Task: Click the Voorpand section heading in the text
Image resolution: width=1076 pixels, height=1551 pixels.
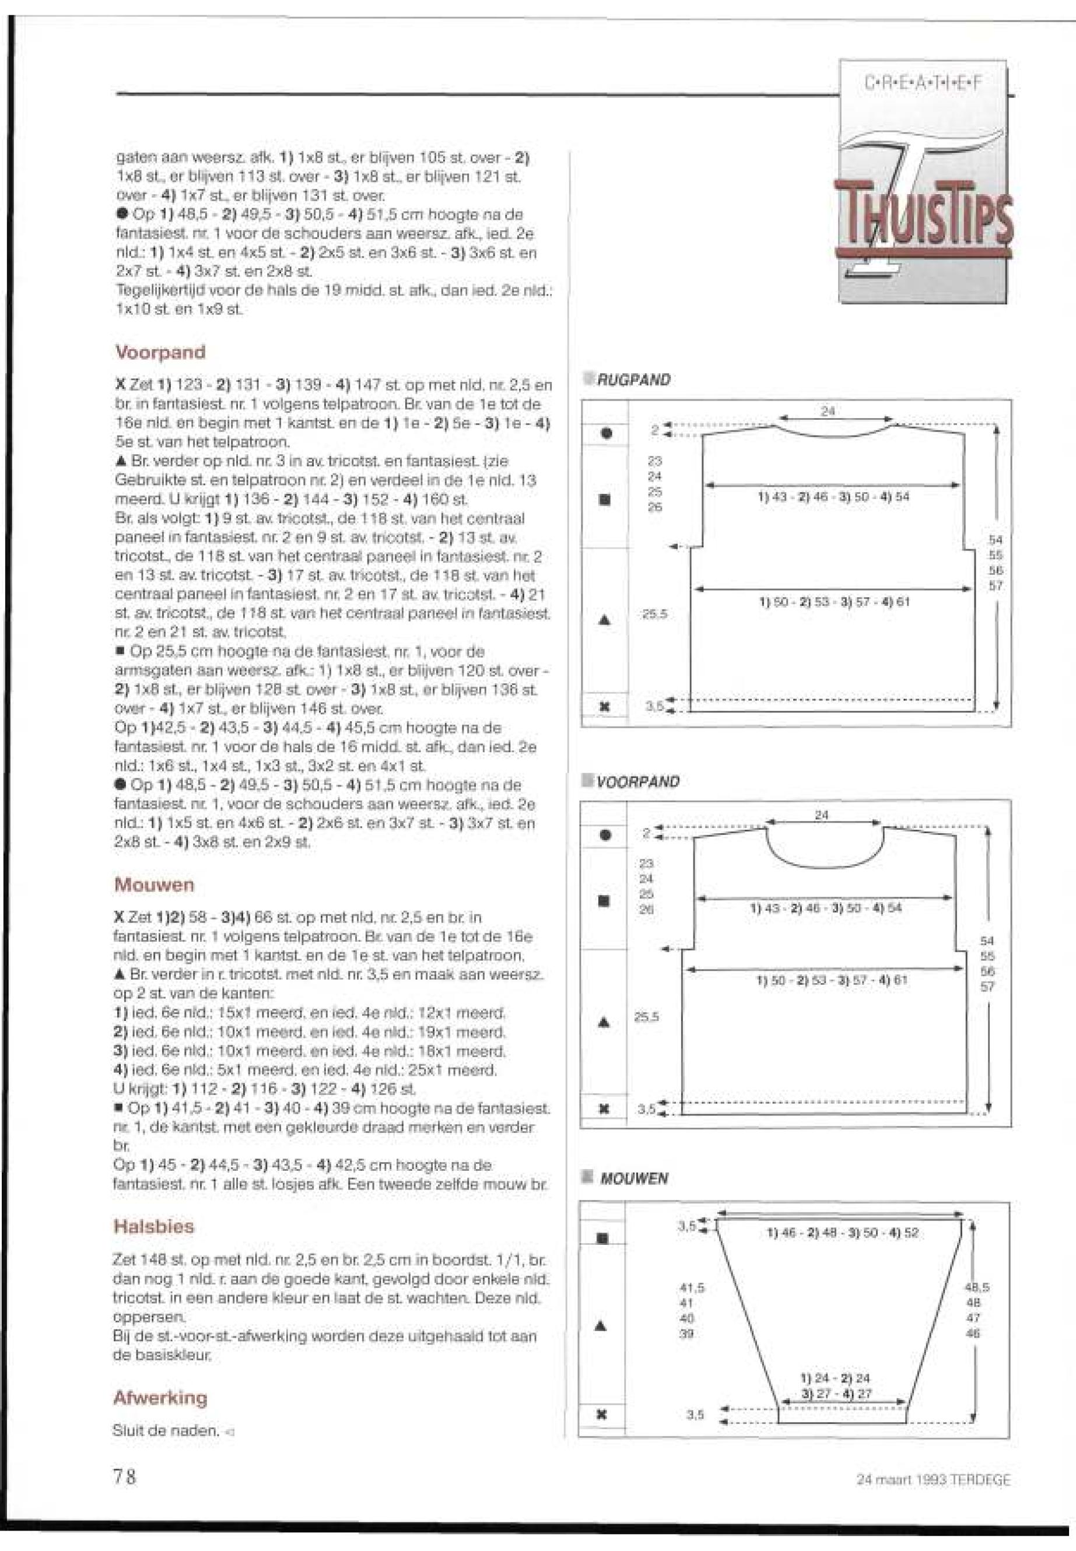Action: pos(160,352)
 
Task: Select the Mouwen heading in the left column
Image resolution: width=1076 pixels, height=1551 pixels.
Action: pos(155,885)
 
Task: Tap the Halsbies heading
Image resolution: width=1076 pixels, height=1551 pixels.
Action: pos(155,1226)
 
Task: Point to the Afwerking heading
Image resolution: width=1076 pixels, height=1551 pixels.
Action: pos(160,1398)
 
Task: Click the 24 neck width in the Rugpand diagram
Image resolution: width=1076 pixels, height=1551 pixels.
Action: pos(829,410)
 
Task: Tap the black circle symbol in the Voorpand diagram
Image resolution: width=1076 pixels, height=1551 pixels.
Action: pos(605,835)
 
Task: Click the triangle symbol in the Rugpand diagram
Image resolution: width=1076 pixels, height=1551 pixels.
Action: pos(605,619)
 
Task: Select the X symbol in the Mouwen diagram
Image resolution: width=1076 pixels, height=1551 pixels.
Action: pos(602,1414)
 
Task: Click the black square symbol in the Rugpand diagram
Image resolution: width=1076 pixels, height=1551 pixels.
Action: pos(605,500)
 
